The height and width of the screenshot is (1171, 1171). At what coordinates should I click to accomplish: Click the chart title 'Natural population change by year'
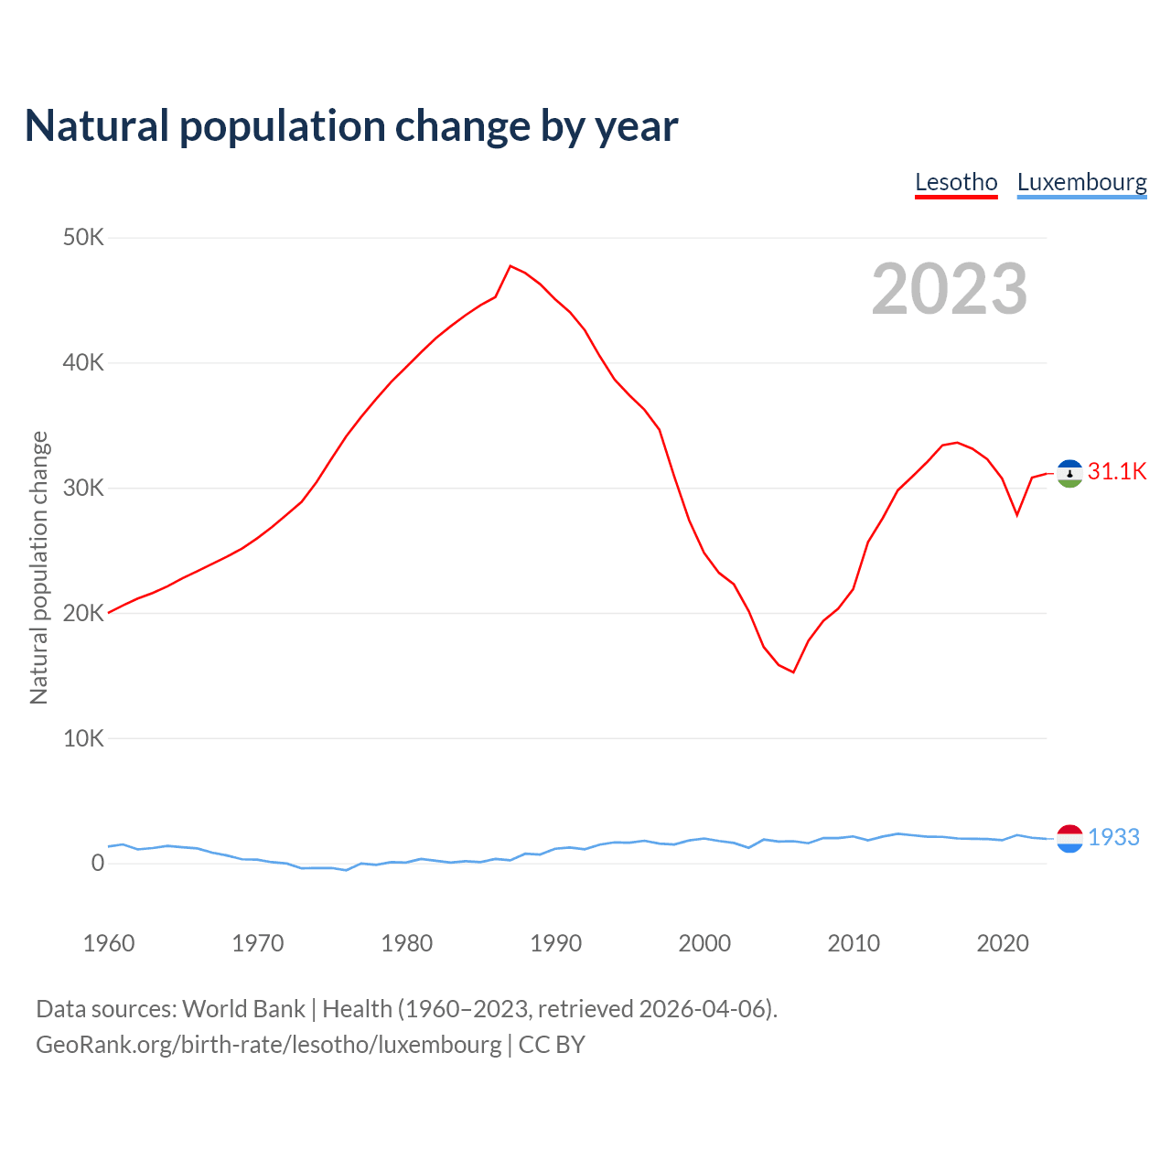pos(351,125)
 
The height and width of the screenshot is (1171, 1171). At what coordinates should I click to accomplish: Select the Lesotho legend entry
pos(956,182)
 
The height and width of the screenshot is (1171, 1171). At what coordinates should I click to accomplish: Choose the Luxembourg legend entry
pos(1081,182)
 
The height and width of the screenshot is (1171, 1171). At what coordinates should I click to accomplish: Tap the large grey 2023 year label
pos(950,289)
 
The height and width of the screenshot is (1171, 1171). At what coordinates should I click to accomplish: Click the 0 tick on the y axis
pos(97,863)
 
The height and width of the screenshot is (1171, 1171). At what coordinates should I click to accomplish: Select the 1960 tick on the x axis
pos(109,943)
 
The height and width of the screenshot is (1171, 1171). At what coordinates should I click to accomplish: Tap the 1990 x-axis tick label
pos(555,943)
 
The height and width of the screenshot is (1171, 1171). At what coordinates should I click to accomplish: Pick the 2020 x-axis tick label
pos(1003,943)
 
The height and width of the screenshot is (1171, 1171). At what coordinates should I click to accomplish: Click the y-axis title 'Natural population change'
pos(38,567)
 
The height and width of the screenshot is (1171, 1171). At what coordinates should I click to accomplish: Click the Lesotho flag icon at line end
pos(1069,473)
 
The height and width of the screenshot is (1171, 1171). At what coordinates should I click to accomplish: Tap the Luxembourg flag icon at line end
pos(1069,838)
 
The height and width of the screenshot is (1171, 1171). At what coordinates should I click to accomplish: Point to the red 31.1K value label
pos(1117,472)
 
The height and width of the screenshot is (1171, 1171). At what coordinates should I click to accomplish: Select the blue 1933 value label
pos(1113,837)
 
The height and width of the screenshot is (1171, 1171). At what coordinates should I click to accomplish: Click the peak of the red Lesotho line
pos(510,266)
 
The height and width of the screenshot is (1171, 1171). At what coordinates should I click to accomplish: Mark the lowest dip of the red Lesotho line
pos(793,671)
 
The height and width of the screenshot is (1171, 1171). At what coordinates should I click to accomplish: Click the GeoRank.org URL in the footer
pos(269,1045)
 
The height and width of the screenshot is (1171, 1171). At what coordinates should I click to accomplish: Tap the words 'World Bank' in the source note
pos(243,1009)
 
